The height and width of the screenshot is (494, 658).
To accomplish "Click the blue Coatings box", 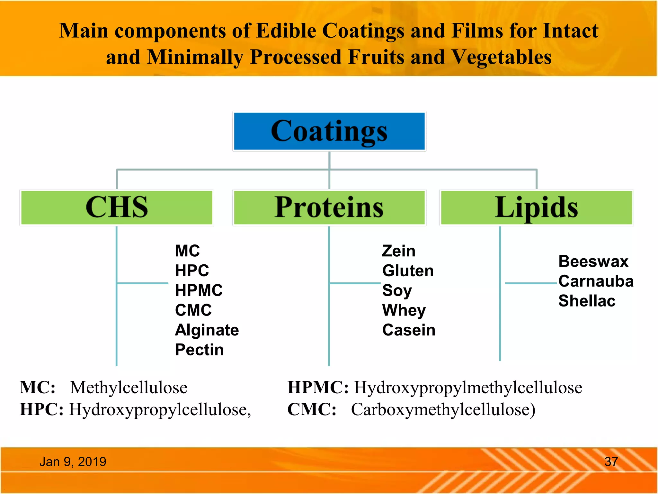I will point(329,131).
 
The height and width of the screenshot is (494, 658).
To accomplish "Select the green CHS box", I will point(117,207).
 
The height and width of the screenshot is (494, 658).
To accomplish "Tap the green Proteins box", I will point(329,207).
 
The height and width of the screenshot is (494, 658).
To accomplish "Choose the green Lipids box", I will point(536,207).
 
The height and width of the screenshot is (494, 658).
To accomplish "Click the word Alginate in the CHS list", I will point(207,330).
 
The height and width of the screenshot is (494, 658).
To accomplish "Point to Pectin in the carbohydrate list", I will point(199,350).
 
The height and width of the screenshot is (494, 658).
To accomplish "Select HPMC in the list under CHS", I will point(199,290).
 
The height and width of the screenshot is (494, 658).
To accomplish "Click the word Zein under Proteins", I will point(398,251).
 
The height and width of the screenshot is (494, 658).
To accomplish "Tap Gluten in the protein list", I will point(408,271).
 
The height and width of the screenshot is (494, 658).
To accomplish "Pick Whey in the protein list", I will point(404,310).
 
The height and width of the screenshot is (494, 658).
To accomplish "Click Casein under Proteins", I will point(409,330).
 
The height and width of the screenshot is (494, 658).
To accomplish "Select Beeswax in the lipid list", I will point(593,261).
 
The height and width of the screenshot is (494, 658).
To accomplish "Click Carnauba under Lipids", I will point(596,281).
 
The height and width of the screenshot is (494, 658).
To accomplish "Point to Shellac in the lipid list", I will point(587,301).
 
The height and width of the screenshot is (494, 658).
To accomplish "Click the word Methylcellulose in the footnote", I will point(129,388).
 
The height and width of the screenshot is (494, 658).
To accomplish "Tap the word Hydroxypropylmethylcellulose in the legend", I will point(468,388).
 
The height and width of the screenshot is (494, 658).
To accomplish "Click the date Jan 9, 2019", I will point(73,462).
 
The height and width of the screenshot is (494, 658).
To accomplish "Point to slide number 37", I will point(611,462).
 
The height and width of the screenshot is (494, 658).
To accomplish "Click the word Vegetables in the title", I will point(502,57).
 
